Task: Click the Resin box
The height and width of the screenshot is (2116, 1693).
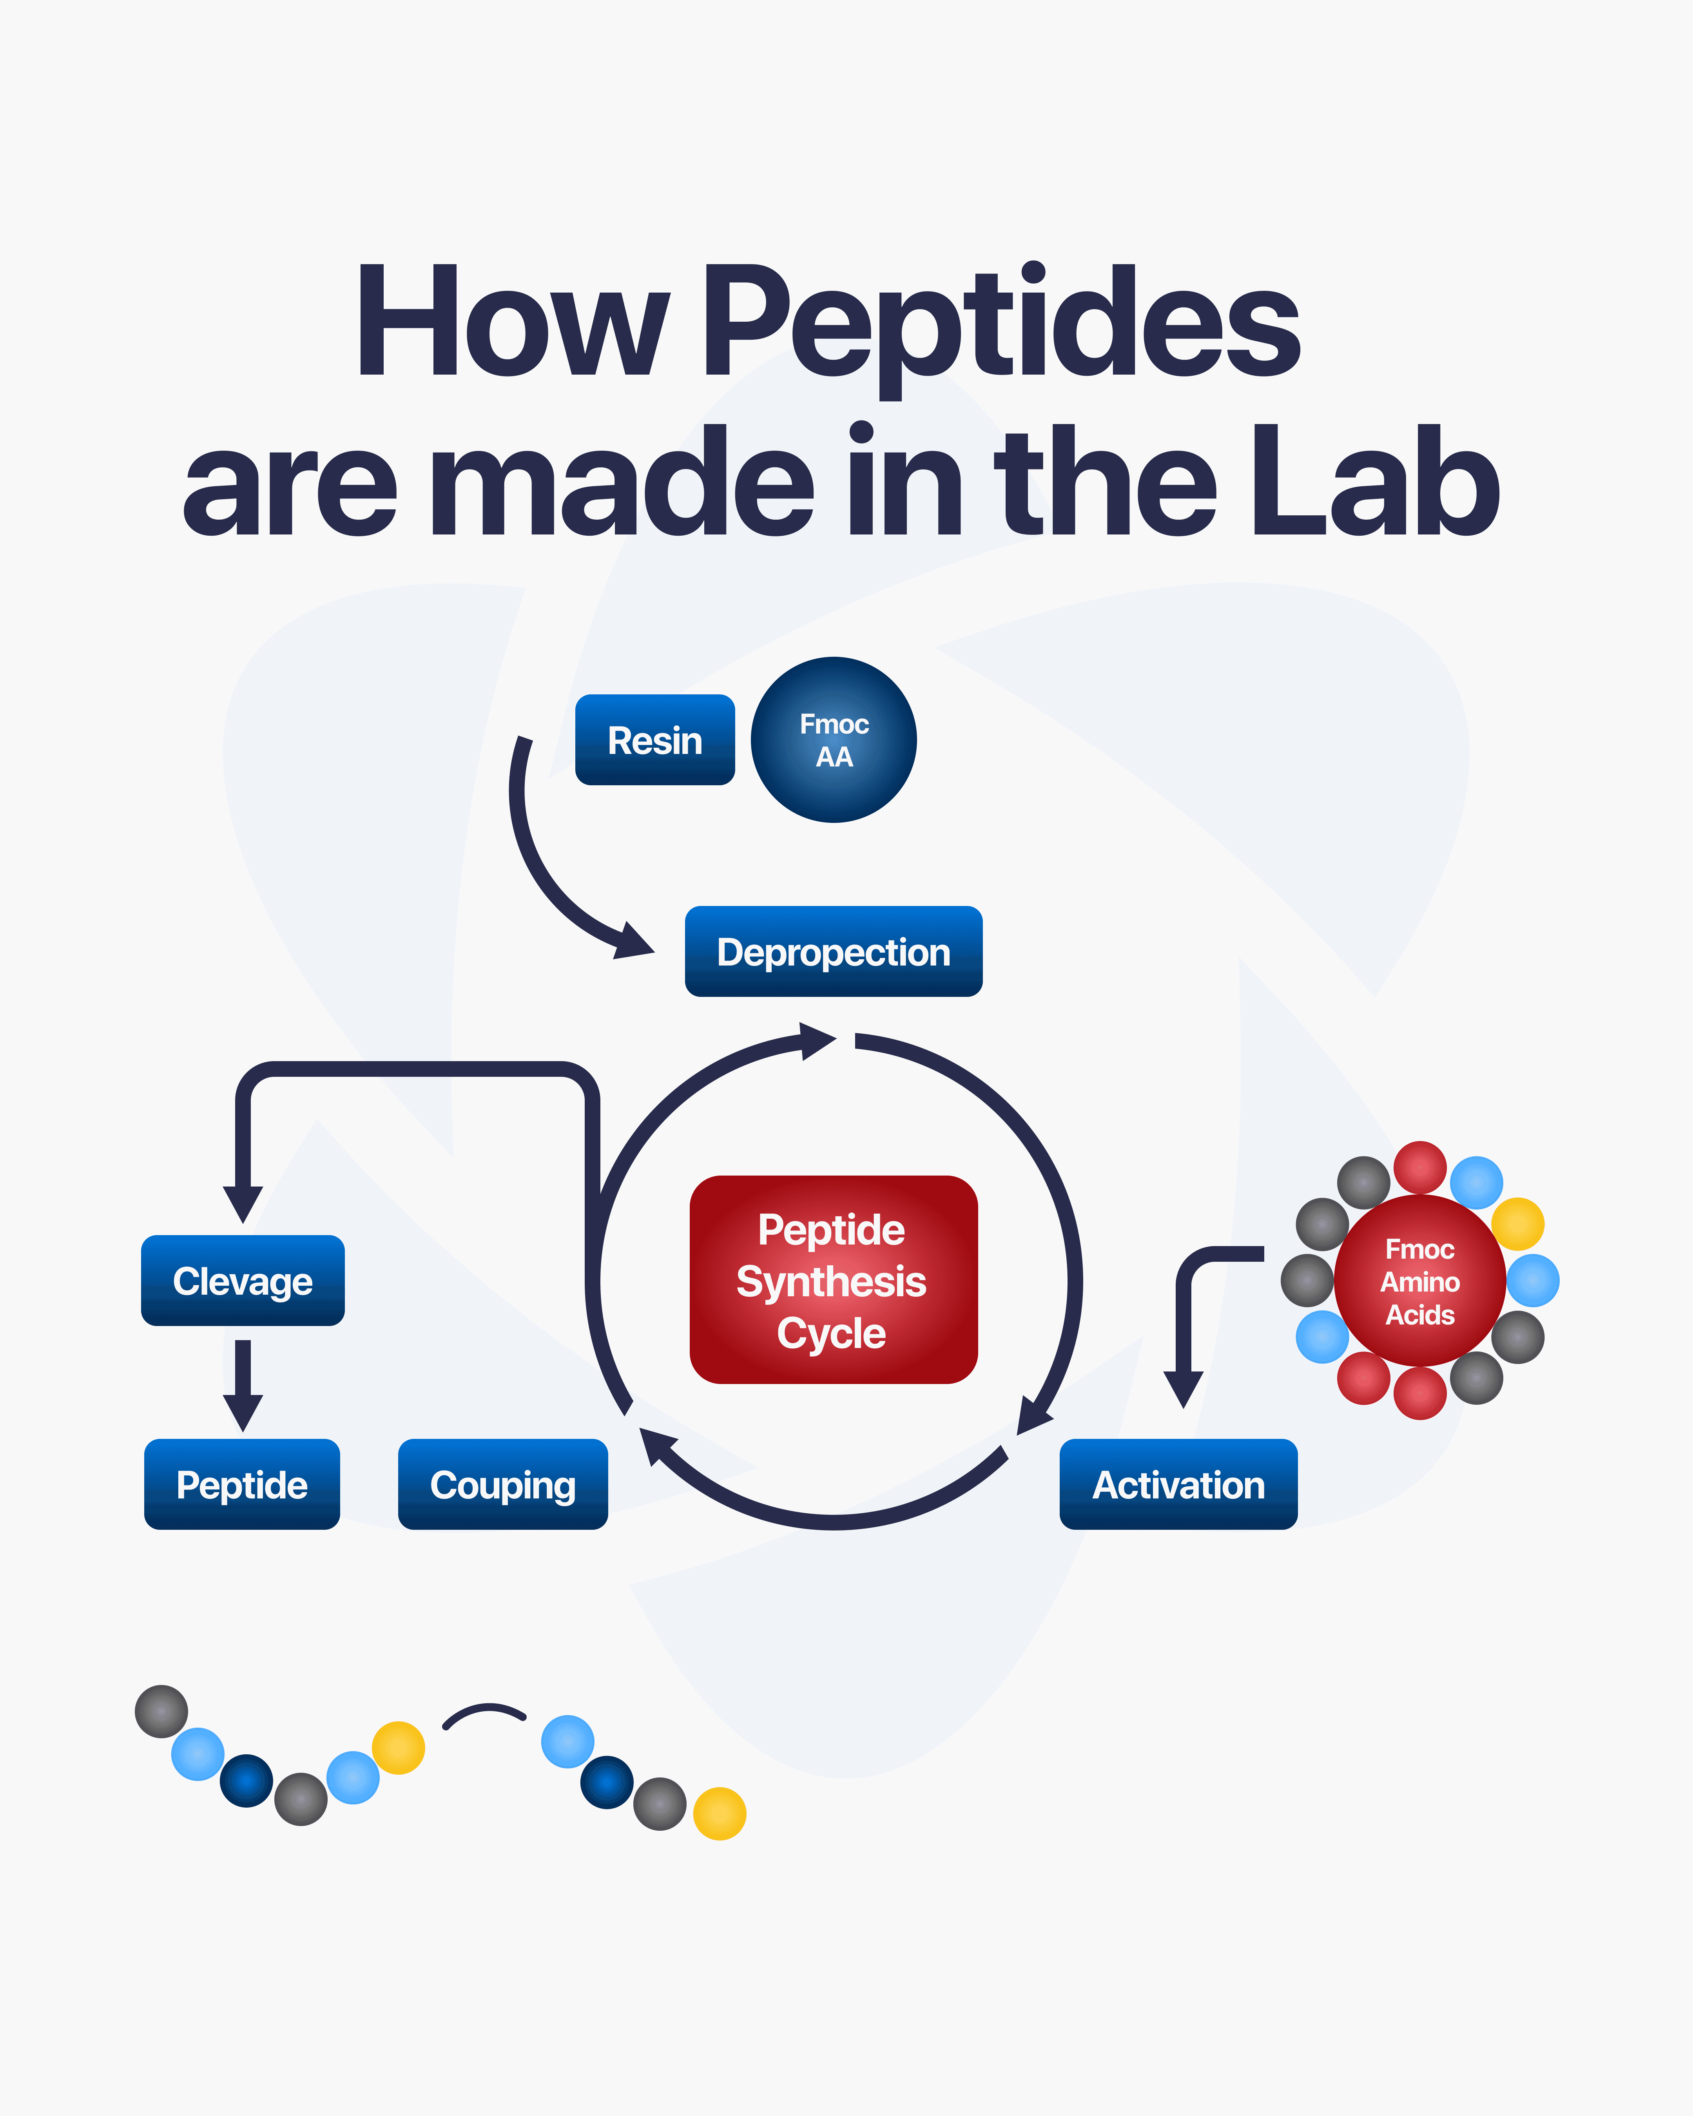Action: tap(654, 740)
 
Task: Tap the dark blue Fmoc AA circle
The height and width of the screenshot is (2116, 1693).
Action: tap(833, 740)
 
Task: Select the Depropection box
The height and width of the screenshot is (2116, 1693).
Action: tap(833, 952)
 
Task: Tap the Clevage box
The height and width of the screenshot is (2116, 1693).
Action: tap(243, 1281)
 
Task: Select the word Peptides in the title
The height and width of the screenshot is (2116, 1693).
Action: tap(1001, 324)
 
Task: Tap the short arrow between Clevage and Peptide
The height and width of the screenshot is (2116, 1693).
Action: tap(243, 1384)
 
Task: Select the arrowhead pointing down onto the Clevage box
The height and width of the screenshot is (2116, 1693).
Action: tap(243, 1202)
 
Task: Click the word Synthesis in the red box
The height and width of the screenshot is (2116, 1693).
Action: tap(831, 1281)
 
